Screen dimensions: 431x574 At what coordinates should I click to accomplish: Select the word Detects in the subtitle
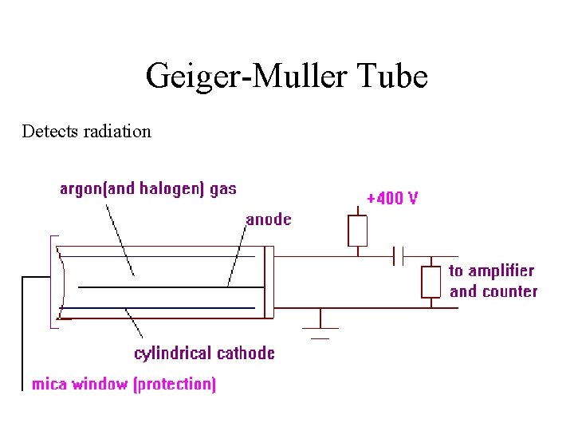50,131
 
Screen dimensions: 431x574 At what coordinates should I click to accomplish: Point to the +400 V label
391,198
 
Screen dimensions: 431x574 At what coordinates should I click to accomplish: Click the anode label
269,219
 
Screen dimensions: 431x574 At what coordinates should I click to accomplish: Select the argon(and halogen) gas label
148,189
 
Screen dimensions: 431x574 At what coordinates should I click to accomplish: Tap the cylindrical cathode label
204,353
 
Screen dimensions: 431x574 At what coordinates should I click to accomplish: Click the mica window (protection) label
124,384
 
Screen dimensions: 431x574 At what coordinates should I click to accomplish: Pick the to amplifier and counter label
493,281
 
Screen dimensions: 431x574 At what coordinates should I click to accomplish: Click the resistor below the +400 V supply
358,230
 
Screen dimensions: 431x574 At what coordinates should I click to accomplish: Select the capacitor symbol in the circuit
399,256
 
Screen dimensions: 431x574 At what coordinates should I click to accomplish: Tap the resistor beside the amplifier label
431,282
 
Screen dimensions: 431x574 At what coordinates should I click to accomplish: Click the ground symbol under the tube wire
320,327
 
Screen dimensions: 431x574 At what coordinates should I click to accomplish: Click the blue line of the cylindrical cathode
159,307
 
